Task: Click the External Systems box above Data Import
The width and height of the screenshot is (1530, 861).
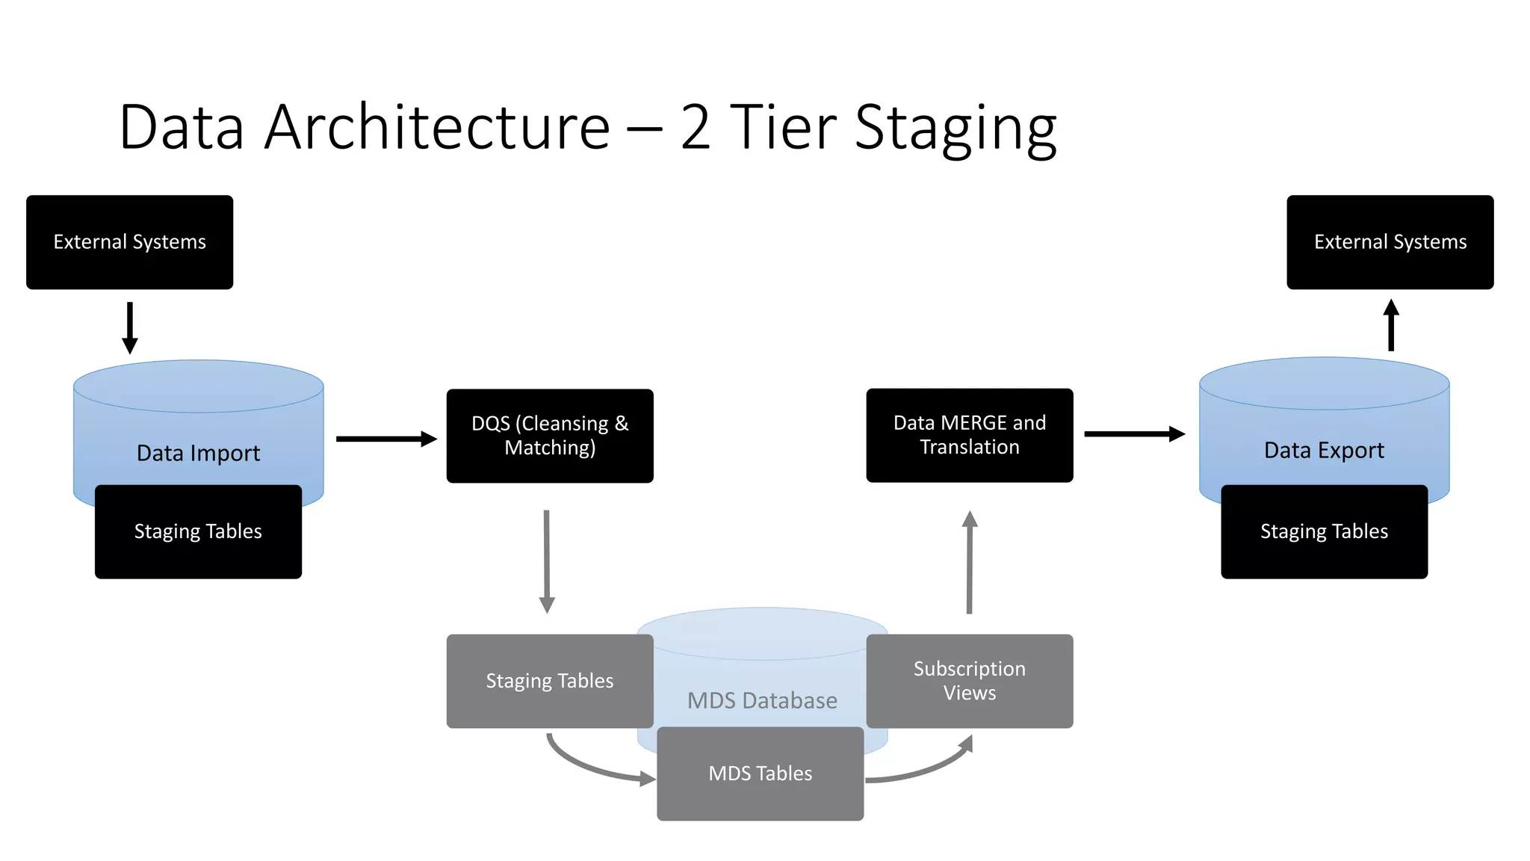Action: (129, 242)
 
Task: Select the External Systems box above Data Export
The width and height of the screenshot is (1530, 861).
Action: (1390, 242)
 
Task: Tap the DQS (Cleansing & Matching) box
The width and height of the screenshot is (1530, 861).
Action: (550, 436)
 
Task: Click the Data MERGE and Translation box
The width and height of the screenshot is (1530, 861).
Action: (969, 435)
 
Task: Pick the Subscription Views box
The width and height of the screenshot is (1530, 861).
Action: (969, 681)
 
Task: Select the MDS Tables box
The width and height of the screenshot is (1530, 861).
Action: (760, 774)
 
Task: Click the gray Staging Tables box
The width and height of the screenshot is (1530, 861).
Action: (549, 681)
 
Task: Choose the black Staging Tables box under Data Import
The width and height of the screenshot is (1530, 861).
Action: (198, 531)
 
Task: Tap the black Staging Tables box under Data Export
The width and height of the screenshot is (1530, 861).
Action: (1324, 531)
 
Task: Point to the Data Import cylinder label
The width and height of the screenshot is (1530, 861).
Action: (198, 453)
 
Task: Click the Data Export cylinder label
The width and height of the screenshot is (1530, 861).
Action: (1324, 451)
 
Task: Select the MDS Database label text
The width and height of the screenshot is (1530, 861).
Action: (762, 701)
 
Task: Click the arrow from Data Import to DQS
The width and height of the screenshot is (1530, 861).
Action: (385, 439)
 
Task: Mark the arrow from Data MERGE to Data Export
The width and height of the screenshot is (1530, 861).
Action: (1133, 433)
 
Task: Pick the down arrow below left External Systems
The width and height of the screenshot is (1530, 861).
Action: (130, 327)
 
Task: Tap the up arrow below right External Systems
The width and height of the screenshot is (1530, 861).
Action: (1390, 326)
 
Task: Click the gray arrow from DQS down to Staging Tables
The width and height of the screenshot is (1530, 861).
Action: (547, 561)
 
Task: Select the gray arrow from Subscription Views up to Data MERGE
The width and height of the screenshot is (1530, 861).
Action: (970, 562)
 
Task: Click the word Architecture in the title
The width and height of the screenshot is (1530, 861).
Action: (437, 127)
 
